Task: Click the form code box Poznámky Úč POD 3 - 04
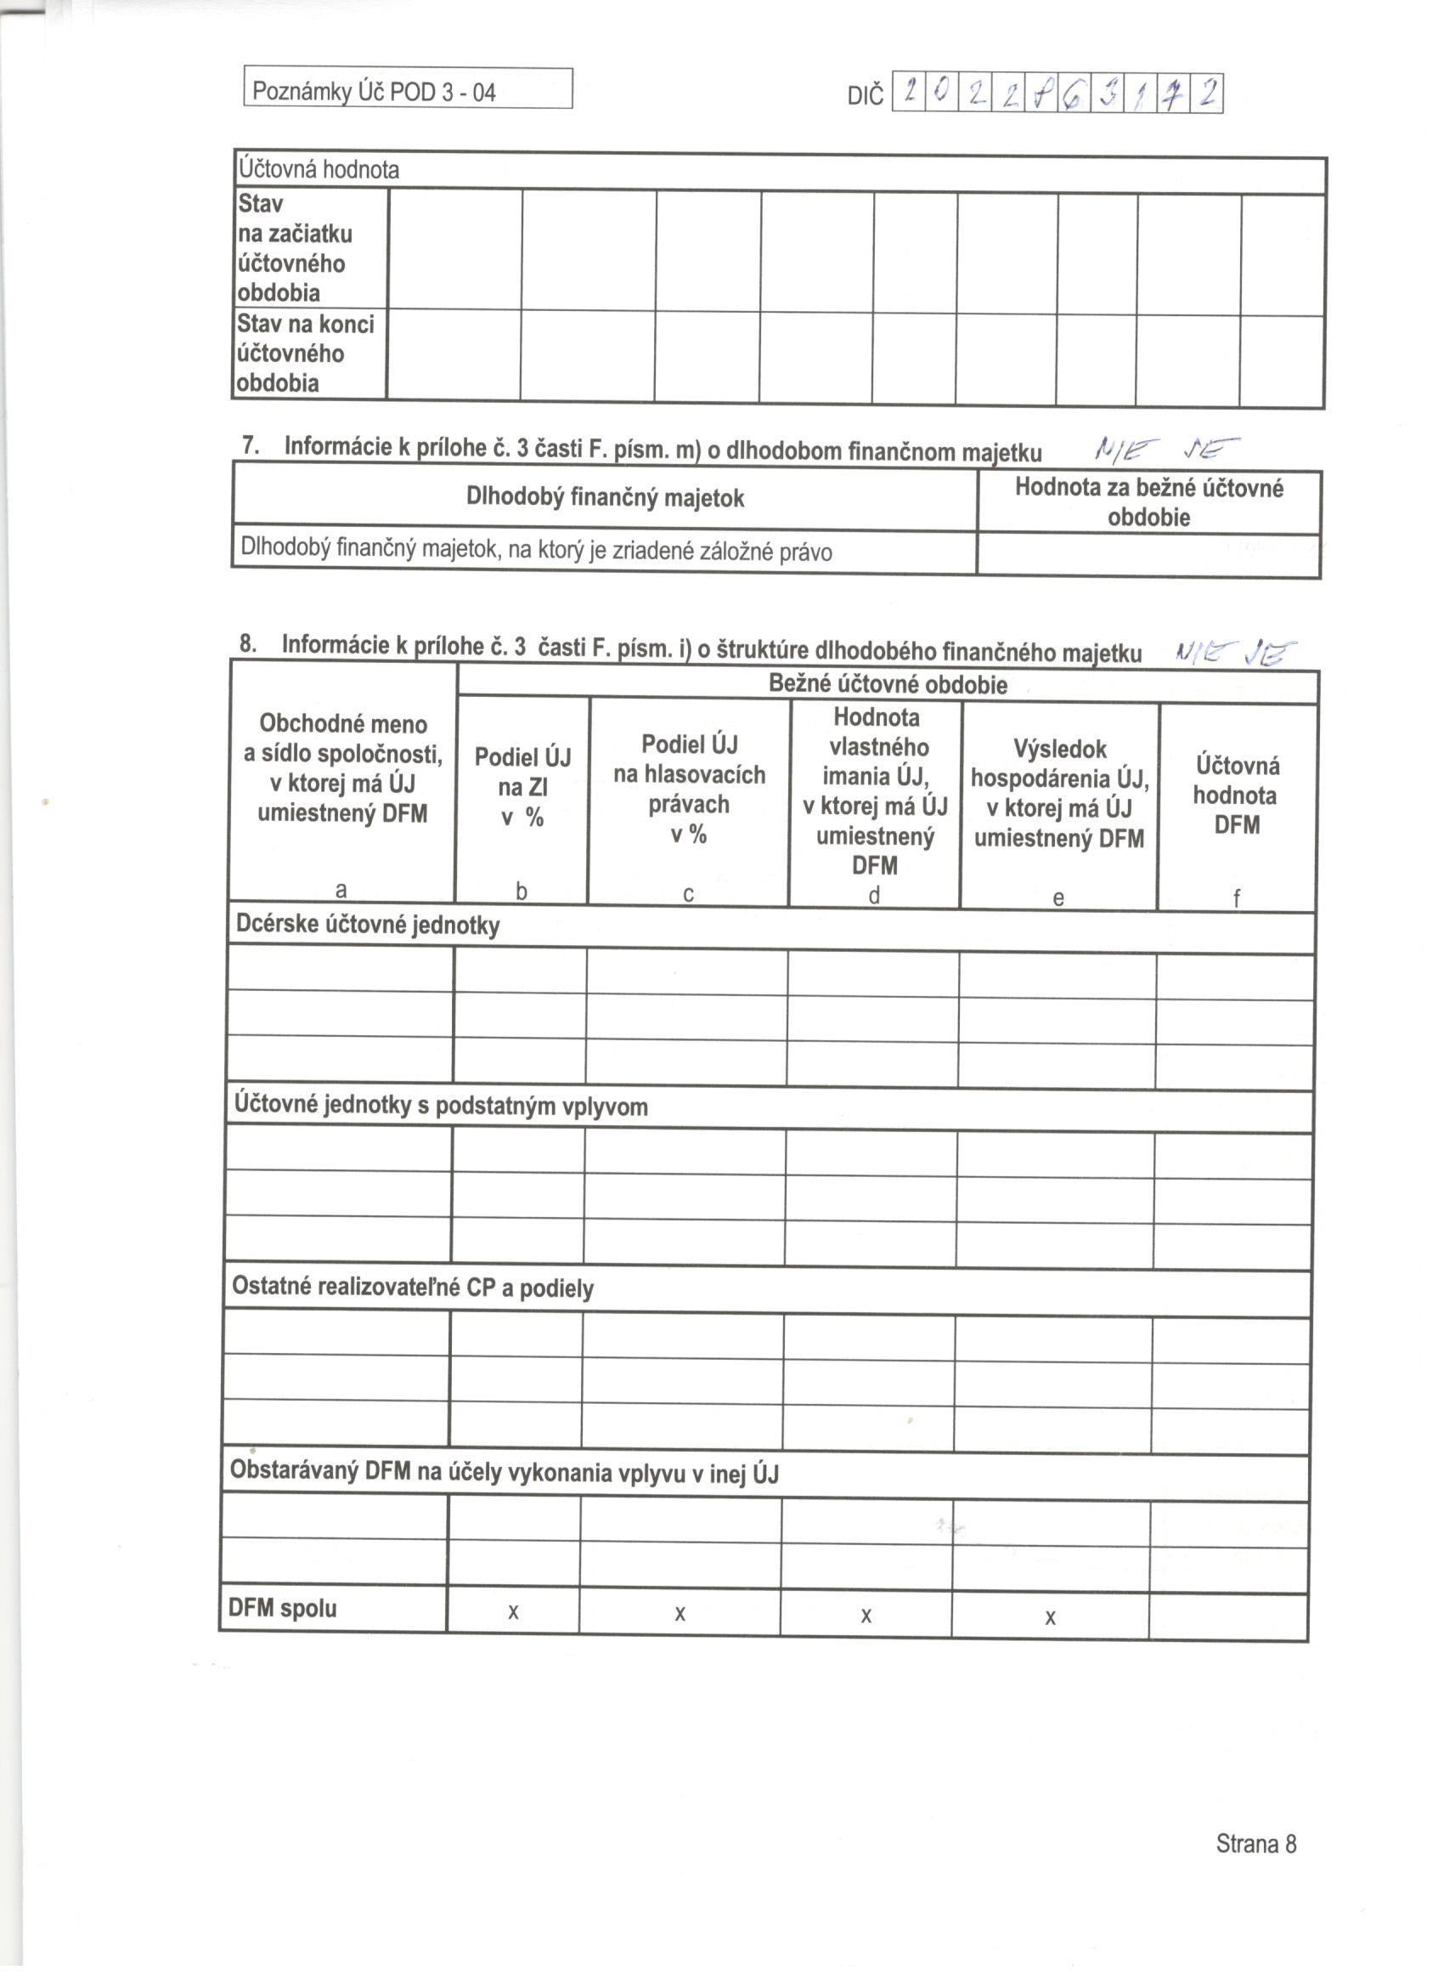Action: coord(407,90)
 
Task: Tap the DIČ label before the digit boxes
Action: coord(866,95)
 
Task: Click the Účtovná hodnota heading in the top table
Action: coord(319,169)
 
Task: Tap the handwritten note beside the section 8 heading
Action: coord(1235,652)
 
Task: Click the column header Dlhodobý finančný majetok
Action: coord(604,498)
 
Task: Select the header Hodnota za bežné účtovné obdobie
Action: coord(1148,502)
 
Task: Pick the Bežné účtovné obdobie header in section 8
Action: coord(887,684)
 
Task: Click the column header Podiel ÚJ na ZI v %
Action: coord(522,787)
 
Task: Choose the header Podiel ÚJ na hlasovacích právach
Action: coord(689,789)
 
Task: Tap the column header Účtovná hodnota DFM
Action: coord(1237,795)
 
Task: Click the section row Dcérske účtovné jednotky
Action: coord(368,926)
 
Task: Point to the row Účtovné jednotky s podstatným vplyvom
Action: coord(441,1106)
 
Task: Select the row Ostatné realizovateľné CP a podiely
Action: coord(413,1288)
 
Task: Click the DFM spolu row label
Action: coord(282,1609)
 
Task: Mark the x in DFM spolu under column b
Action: coord(513,1612)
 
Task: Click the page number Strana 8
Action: coord(1255,1844)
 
